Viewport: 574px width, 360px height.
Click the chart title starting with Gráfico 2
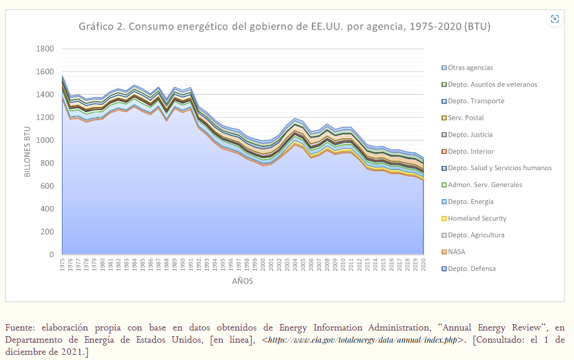(x=285, y=27)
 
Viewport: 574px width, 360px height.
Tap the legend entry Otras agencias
(x=470, y=68)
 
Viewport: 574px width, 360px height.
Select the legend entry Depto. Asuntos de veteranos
(x=492, y=85)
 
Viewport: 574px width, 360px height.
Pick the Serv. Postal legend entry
(x=465, y=118)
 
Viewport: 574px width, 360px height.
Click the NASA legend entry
(x=456, y=252)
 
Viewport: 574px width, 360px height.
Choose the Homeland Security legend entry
(x=477, y=218)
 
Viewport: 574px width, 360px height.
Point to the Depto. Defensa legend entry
(x=471, y=269)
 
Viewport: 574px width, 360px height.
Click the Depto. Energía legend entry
(x=470, y=201)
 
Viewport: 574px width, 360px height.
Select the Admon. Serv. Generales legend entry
(x=484, y=185)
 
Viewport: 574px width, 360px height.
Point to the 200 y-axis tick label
(x=47, y=232)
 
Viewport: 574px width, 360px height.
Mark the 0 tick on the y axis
(x=51, y=255)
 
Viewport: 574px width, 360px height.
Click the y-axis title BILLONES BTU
(x=27, y=152)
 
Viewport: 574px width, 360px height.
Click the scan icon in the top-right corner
(x=555, y=19)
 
